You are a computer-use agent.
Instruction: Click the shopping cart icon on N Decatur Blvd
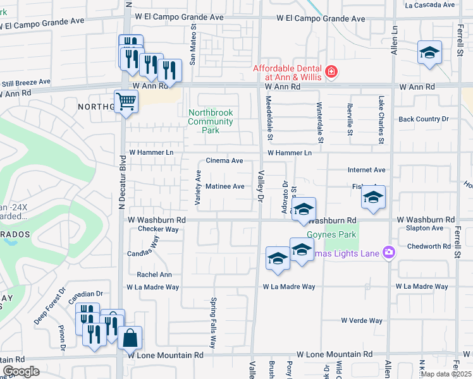[x=126, y=101]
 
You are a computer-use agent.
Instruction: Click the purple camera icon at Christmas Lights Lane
[x=388, y=253]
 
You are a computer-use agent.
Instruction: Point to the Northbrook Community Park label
[x=211, y=121]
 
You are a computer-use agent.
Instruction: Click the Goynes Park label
[x=331, y=235]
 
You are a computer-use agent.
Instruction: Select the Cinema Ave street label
[x=224, y=161]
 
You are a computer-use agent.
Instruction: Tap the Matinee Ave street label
[x=224, y=186]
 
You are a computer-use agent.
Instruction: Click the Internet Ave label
[x=367, y=170]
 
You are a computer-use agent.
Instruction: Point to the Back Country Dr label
[x=424, y=119]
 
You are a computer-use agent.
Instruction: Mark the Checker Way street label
[x=158, y=229]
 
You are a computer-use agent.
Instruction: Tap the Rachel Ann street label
[x=154, y=275]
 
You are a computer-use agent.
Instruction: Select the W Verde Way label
[x=362, y=320]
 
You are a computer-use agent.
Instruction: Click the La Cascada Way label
[x=430, y=5]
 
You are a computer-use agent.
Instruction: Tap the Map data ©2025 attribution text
[x=446, y=374]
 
